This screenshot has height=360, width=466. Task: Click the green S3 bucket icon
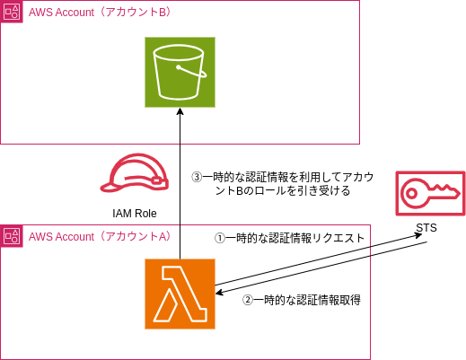coord(180,73)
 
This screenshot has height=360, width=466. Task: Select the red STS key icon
coord(429,192)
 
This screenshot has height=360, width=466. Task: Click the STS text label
coord(426,228)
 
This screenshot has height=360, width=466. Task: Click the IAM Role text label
coord(135,214)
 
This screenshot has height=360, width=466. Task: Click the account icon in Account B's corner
coord(12,12)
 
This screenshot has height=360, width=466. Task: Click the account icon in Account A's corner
coord(12,236)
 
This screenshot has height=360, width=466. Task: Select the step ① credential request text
coord(289,239)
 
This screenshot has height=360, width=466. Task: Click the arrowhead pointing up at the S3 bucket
coord(180,113)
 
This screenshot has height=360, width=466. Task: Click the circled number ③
coord(198,178)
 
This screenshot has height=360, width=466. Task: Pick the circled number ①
coord(218,239)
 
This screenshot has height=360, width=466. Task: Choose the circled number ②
coord(249,301)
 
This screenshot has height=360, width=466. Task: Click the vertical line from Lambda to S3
coord(180,189)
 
